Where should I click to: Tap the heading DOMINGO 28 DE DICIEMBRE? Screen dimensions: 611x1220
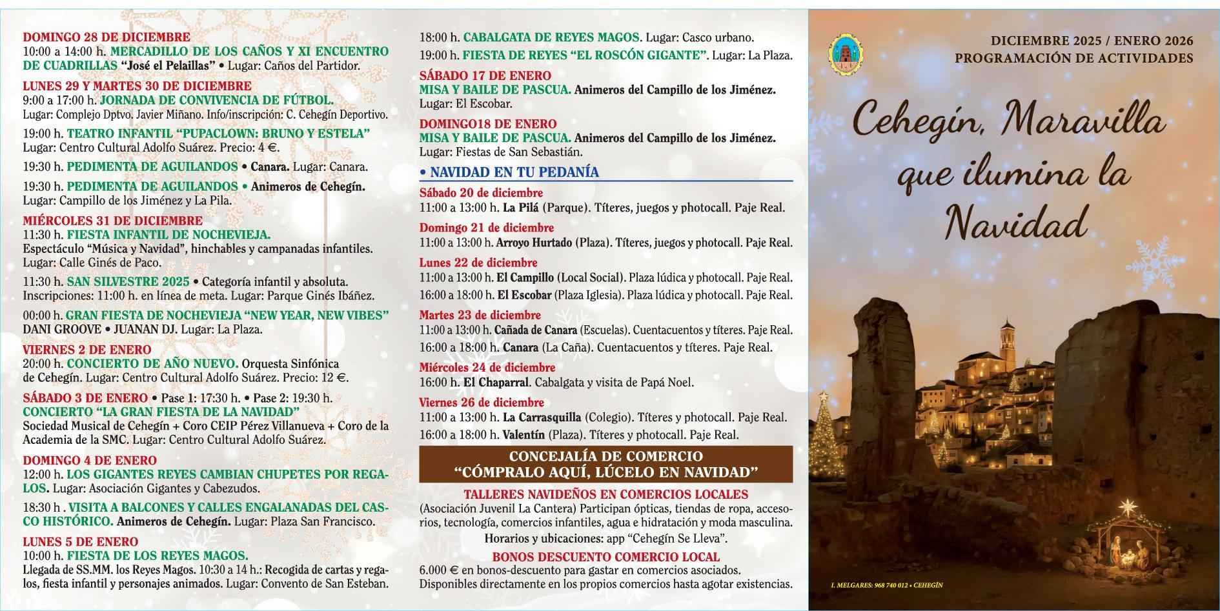107,37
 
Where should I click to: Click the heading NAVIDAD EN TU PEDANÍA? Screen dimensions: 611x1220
514,172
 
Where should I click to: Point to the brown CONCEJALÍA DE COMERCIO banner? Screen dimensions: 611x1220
605,464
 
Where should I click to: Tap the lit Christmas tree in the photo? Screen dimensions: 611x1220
824,426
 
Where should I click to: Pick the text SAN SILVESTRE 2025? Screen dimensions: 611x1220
128,282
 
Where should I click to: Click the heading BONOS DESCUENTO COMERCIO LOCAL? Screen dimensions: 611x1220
605,557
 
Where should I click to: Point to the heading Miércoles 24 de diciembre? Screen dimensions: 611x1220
487,368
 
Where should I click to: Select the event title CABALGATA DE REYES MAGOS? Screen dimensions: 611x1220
552,37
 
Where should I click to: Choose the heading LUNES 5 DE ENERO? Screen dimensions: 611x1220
81,541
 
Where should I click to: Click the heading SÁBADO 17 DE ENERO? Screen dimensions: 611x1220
485,75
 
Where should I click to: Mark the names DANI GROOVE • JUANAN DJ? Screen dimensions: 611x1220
100,329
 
